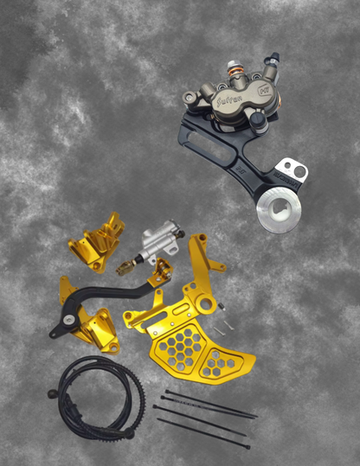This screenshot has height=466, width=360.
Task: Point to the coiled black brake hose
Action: [x=95, y=402]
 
